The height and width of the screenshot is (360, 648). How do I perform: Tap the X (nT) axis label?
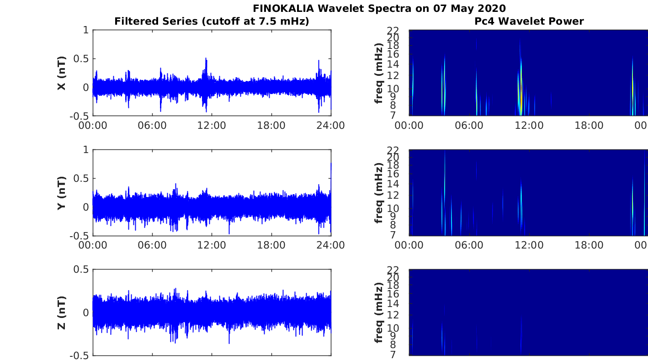pos(62,73)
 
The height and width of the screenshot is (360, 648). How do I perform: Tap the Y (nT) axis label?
pos(62,193)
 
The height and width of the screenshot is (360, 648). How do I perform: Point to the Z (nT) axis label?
pos(62,312)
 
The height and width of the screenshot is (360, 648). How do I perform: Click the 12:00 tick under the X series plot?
pos(212,125)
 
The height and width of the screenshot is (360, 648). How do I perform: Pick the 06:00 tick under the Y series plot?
pos(152,245)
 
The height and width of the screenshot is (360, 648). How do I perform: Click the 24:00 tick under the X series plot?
pos(330,125)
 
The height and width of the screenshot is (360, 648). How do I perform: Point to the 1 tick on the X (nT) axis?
pos(85,30)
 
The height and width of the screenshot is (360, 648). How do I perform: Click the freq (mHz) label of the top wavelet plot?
pos(378,73)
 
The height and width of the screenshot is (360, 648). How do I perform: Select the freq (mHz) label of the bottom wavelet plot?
pos(378,312)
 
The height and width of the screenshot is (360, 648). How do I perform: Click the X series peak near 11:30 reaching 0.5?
pos(206,58)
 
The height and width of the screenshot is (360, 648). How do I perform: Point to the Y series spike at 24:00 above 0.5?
pos(331,164)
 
